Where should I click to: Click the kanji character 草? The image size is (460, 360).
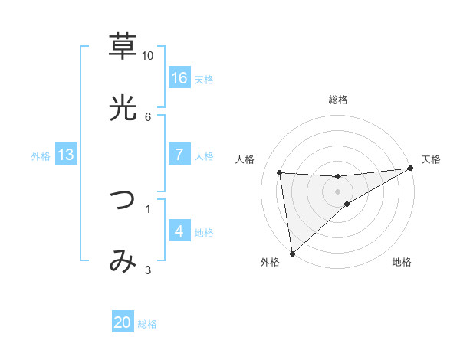[x=123, y=47]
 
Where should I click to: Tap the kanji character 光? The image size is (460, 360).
[x=123, y=109]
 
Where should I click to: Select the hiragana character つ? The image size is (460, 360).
[x=123, y=200]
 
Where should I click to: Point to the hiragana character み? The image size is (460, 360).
[x=123, y=262]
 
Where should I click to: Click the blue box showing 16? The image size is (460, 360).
[x=179, y=78]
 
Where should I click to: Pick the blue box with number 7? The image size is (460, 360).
[x=179, y=155]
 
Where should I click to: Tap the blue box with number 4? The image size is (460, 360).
[x=179, y=231]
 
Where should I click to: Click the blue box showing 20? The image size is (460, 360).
[x=123, y=323]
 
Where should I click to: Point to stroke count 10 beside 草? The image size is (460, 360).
[x=147, y=56]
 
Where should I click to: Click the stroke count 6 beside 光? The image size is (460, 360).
[x=147, y=116]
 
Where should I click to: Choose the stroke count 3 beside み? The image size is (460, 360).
[x=147, y=270]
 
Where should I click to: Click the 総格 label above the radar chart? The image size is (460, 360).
[x=338, y=100]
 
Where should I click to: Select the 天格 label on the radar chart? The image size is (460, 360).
[x=431, y=159]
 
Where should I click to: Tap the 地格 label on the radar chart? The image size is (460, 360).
[x=402, y=263]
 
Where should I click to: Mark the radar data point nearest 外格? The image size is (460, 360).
[x=292, y=254]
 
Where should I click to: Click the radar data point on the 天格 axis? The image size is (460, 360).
[x=411, y=169]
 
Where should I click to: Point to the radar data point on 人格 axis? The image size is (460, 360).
[x=280, y=172]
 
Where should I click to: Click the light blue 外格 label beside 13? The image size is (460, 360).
[x=41, y=156]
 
